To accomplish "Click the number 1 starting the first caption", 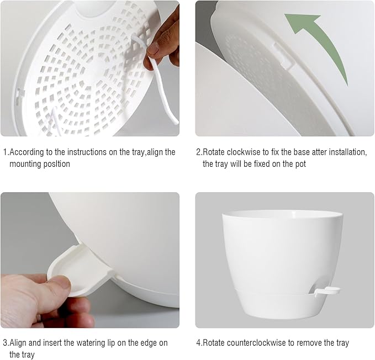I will [5, 152].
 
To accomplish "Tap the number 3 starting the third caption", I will [5, 343].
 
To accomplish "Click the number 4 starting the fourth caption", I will [198, 343].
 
